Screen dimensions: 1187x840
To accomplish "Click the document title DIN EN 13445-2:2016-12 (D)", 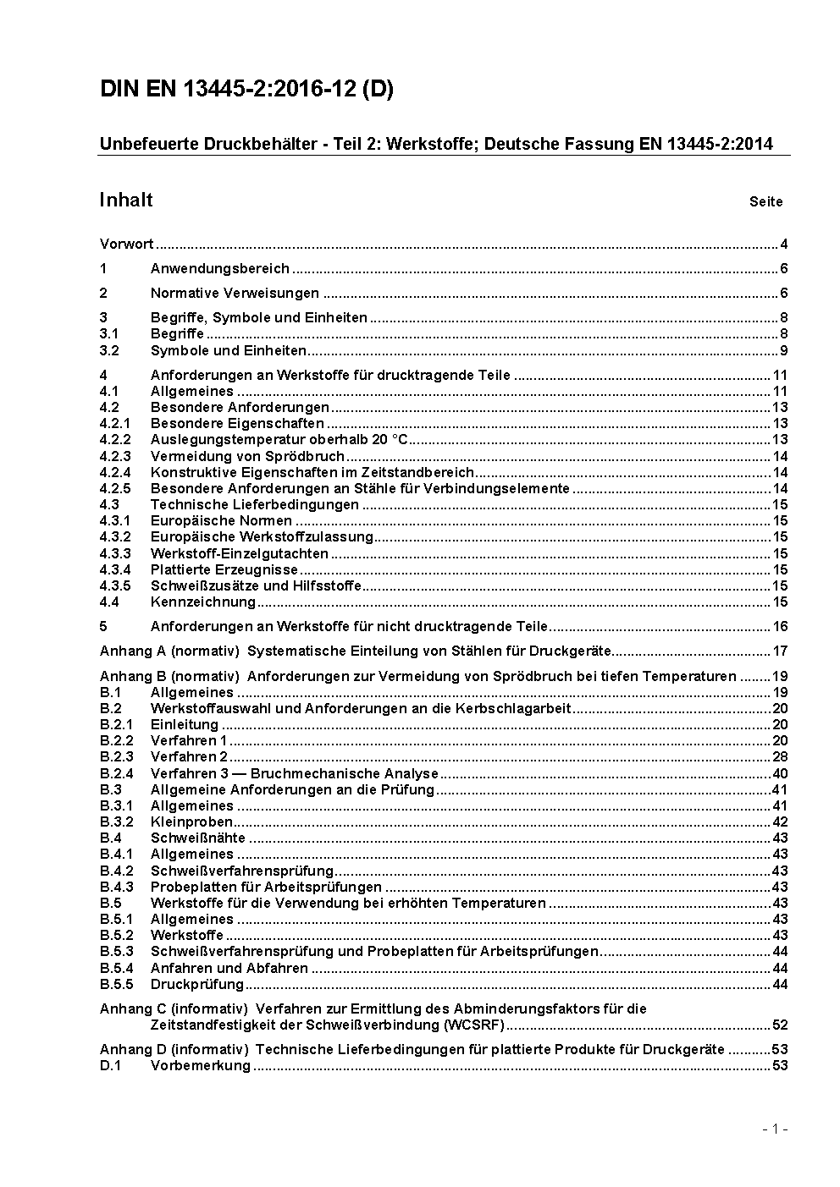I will [246, 90].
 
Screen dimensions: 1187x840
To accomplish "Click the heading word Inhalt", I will [126, 200].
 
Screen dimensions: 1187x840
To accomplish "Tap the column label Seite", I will [765, 202].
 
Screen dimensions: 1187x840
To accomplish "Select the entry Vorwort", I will [126, 245].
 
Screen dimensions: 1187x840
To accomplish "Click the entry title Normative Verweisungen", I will [235, 294].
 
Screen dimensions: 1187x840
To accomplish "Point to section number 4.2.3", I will [115, 456].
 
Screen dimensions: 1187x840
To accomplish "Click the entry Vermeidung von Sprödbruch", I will [235, 456].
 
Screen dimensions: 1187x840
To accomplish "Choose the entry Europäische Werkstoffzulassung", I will [262, 537].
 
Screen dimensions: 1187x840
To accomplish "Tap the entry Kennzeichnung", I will [202, 602].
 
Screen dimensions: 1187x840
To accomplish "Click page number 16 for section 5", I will [780, 627].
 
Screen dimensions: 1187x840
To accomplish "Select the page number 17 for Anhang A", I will [780, 651].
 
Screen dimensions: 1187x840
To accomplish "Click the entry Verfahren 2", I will [189, 757].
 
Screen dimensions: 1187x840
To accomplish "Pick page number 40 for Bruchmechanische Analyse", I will [780, 773].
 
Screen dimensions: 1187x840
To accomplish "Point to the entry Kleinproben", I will [191, 822].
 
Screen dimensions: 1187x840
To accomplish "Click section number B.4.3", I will [116, 888].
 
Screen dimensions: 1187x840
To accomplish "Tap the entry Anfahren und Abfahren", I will [229, 969].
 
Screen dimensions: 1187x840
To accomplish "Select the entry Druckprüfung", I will [197, 985].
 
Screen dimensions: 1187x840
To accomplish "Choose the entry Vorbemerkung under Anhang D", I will [200, 1066].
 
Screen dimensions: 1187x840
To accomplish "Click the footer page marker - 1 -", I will [775, 1129].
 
